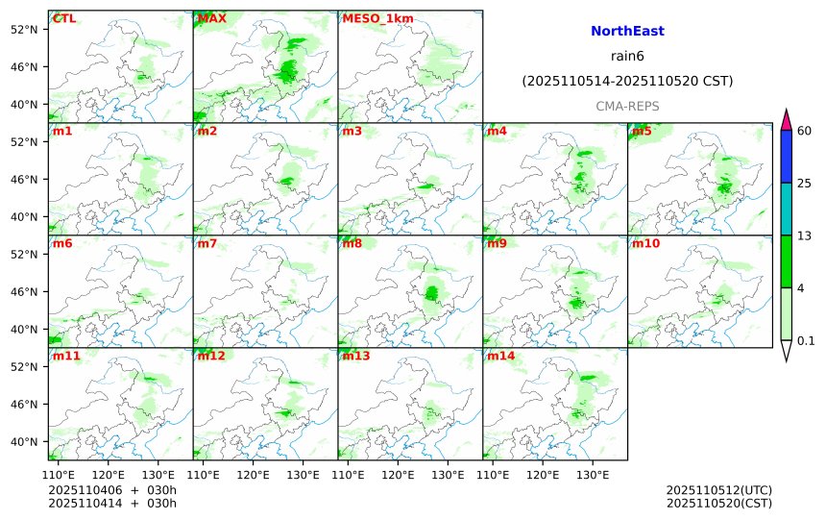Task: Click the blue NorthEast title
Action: pyautogui.click(x=627, y=32)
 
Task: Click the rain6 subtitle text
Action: pyautogui.click(x=627, y=57)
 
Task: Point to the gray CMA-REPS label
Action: pyautogui.click(x=627, y=106)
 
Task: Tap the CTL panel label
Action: pyautogui.click(x=64, y=18)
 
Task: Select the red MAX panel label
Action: pyautogui.click(x=212, y=18)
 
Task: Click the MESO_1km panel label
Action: pyautogui.click(x=371, y=18)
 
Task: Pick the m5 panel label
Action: pyautogui.click(x=642, y=131)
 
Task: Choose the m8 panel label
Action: pyautogui.click(x=352, y=243)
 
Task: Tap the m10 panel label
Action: pyautogui.click(x=645, y=243)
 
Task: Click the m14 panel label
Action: pyautogui.click(x=500, y=356)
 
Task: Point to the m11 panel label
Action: pyautogui.click(x=67, y=356)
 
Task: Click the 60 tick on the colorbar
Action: pyautogui.click(x=805, y=131)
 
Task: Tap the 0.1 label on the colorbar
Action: pyautogui.click(x=806, y=340)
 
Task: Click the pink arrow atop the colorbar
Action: pyautogui.click(x=786, y=120)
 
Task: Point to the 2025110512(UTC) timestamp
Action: pyautogui.click(x=718, y=490)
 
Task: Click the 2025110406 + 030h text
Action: pyautogui.click(x=112, y=490)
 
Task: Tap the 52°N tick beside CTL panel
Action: pyautogui.click(x=22, y=30)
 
